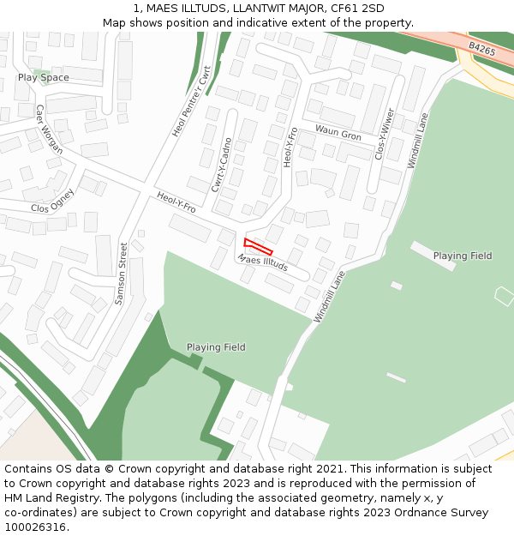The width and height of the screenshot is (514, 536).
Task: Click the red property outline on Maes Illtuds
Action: [x=258, y=246]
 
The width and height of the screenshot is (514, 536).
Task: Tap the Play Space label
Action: [x=44, y=78]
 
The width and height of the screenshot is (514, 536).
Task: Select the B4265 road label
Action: [x=482, y=51]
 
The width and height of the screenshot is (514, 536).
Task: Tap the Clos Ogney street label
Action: [x=52, y=201]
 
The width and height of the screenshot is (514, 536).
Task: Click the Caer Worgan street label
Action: [x=49, y=129]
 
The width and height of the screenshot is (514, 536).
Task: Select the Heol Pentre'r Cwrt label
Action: [x=191, y=102]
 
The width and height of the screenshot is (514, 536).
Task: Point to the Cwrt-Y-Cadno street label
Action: [x=221, y=163]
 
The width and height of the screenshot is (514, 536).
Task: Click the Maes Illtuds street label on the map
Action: [x=263, y=262]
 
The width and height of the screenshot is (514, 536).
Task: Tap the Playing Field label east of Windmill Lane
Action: [x=463, y=256]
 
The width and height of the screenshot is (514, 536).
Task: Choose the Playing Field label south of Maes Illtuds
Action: [x=216, y=347]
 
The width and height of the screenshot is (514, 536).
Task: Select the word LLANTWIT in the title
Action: [x=246, y=9]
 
